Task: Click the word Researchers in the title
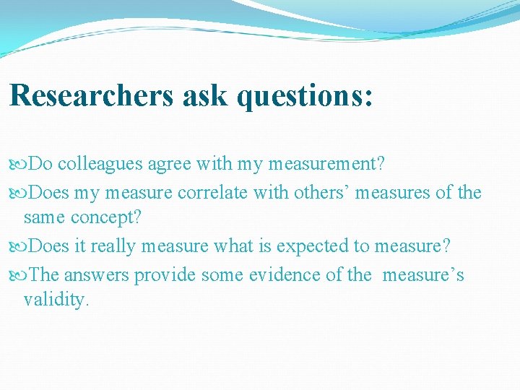[91, 95]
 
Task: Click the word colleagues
[100, 164]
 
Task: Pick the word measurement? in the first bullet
[326, 164]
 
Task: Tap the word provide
[164, 275]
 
